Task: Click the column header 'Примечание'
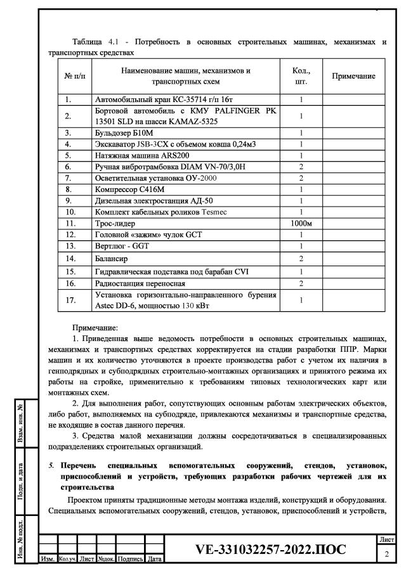point(353,76)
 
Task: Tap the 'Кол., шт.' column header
point(301,77)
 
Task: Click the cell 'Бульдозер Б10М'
point(124,133)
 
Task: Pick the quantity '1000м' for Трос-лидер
point(301,224)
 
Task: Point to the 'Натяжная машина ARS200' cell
point(142,155)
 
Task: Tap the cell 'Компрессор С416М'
point(129,190)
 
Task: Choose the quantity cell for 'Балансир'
point(301,259)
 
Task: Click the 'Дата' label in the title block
point(154,560)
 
